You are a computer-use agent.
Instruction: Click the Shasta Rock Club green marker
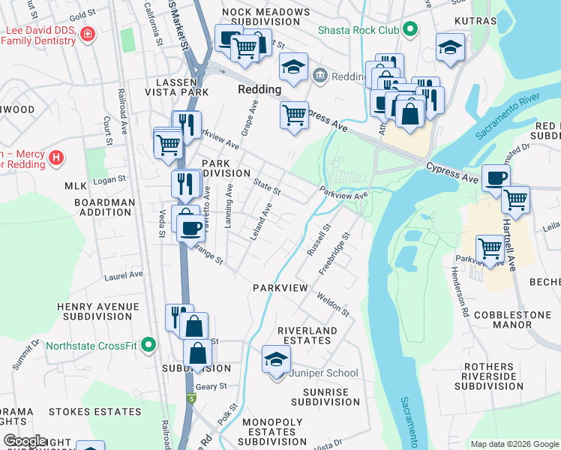coord(409,30)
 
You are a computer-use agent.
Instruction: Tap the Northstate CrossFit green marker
coord(148,346)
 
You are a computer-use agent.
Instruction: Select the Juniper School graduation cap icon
coord(276,361)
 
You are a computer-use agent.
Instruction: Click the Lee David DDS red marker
coord(88,35)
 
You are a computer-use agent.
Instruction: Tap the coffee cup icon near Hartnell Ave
coord(496,178)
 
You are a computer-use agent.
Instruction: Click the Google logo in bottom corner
coord(25,441)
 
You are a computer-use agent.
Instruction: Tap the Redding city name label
coord(259,89)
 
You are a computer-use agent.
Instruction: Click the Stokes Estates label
coord(94,412)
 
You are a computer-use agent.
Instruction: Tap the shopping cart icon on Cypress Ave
coord(294,115)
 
